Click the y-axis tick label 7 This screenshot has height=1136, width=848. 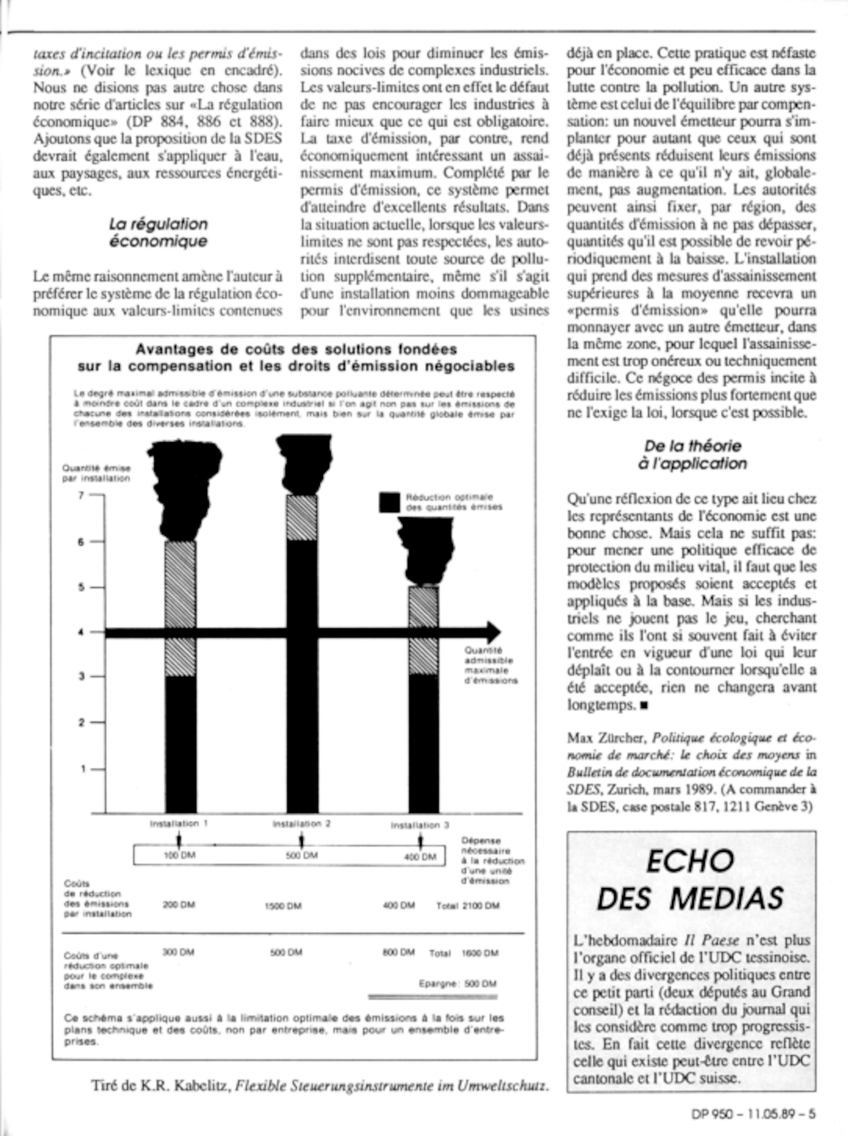(x=81, y=495)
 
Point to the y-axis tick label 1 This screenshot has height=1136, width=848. (x=82, y=768)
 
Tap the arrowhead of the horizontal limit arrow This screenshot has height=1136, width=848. (x=493, y=632)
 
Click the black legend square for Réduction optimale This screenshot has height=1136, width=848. (x=390, y=502)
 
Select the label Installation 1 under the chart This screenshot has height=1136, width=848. (x=179, y=823)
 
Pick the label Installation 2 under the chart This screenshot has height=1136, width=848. (x=301, y=824)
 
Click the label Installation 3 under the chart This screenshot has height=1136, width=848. (x=420, y=826)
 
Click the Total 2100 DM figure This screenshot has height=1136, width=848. (x=468, y=906)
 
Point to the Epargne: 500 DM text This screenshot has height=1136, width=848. (x=457, y=984)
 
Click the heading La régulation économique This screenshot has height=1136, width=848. (x=158, y=232)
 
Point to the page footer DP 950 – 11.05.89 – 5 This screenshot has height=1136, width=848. (x=753, y=1114)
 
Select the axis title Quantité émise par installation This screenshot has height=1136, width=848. (x=96, y=473)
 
